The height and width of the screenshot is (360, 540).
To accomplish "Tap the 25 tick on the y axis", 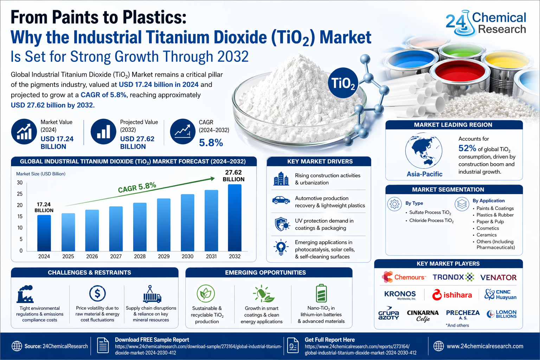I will tap(20, 194).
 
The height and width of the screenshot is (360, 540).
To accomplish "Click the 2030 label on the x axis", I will tap(187, 256).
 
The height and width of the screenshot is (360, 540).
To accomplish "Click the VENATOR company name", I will tap(498, 277).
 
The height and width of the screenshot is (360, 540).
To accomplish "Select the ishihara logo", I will tap(452, 295).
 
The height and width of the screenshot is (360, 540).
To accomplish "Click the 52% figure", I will tap(467, 148).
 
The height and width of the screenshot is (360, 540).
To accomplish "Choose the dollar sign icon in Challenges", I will tap(97, 293).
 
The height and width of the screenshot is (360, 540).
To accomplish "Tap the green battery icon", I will tap(321, 293).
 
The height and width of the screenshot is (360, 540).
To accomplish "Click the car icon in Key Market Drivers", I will tap(281, 200).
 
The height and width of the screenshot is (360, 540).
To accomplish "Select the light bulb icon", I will tap(281, 247).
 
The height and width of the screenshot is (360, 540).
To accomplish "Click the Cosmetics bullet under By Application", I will tap(487, 228).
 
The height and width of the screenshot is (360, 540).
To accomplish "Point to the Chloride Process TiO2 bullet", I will tap(431, 220).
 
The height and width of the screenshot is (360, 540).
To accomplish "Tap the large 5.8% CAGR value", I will tap(211, 143).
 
